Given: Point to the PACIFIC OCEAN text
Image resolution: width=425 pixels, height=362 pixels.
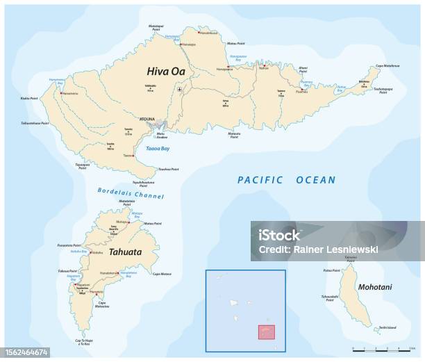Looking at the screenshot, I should pos(286,180).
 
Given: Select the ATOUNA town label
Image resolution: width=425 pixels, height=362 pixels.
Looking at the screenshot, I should pos(148,118).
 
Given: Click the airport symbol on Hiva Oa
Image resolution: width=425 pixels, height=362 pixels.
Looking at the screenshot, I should pos(181,90).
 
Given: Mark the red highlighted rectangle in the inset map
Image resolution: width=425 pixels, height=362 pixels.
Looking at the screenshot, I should pos(267,333).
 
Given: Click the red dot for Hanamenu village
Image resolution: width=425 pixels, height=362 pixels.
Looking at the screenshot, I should pos(61,93).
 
